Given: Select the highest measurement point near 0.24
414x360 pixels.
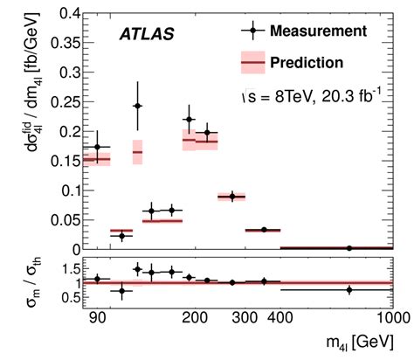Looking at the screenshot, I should click(137, 106).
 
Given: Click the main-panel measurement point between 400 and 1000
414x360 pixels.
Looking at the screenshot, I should click(349, 248).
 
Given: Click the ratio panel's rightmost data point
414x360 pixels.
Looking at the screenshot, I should click(349, 289).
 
